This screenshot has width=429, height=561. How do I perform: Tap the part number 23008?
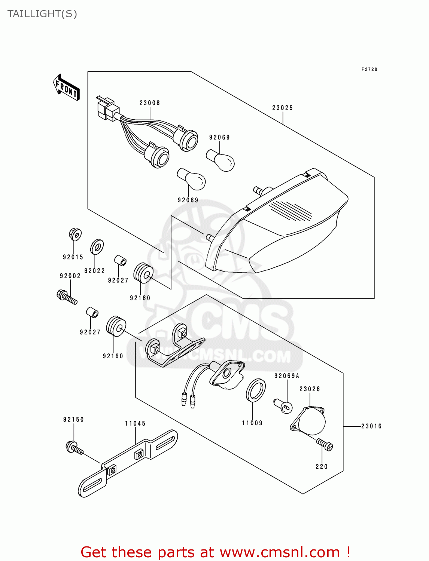[150, 103]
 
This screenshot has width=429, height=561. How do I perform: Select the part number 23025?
[282, 108]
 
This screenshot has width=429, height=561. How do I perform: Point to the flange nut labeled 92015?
[75, 234]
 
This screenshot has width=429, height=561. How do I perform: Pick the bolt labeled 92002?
[67, 297]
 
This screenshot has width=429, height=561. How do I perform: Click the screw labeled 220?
[325, 444]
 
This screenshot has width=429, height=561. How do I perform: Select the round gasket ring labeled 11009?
[256, 390]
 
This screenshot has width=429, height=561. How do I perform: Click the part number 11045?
[135, 423]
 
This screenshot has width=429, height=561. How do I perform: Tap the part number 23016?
[371, 426]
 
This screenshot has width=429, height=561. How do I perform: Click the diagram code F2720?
[369, 70]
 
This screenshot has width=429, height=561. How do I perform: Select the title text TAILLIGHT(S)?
[42, 14]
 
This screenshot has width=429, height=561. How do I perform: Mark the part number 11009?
[252, 423]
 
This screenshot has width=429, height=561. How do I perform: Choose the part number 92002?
[70, 276]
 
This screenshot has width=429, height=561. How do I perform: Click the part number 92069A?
[287, 376]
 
